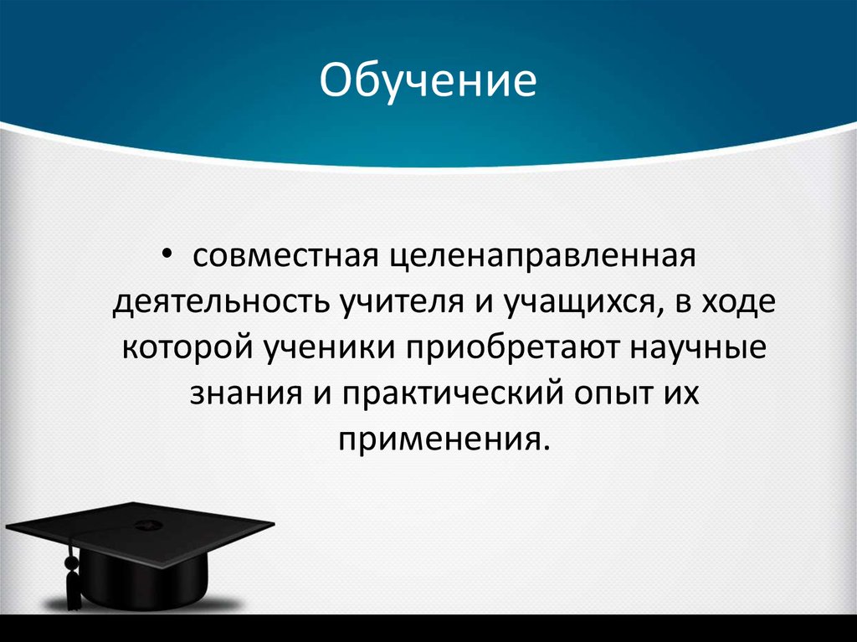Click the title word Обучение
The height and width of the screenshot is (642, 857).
click(428, 85)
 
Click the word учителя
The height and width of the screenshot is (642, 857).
click(393, 302)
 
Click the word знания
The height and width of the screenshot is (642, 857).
click(236, 394)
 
